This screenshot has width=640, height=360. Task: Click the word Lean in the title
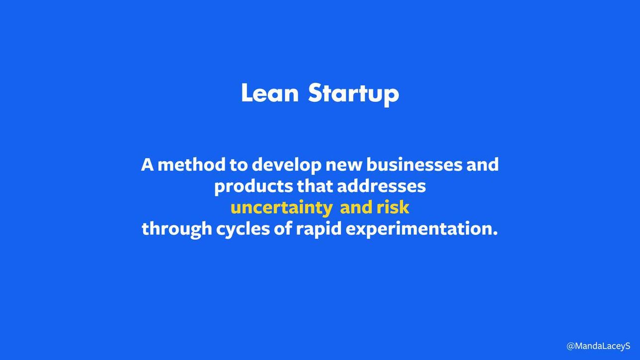point(270,93)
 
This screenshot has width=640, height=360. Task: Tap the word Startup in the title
point(354,94)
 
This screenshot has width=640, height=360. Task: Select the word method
point(191,165)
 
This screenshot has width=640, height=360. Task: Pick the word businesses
point(414,165)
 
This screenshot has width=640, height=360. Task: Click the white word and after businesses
point(482,165)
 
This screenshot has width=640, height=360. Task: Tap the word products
point(254,187)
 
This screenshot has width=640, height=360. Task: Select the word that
point(315,186)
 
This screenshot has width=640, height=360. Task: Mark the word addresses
point(382,186)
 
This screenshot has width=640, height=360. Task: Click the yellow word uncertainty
point(281,208)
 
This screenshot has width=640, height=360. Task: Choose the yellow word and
point(356,208)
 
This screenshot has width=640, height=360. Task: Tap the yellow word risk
point(393,208)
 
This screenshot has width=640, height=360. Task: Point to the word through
point(176,229)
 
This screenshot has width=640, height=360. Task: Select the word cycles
point(243,230)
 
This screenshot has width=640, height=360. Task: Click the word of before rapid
point(283,229)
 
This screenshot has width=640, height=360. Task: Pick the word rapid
point(319,229)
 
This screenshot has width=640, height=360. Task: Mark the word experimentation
point(422,229)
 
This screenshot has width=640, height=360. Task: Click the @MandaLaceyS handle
point(598,346)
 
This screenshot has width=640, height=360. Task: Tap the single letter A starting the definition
point(148,165)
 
